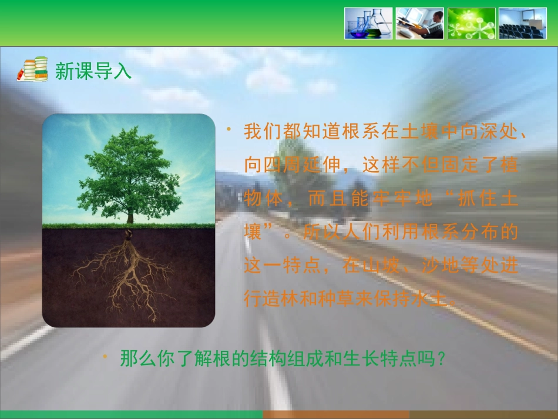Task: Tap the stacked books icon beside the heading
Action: pyautogui.click(x=32, y=70)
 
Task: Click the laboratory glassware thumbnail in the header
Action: pyautogui.click(x=368, y=24)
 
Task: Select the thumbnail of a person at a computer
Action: pyautogui.click(x=419, y=24)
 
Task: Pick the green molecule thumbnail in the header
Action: pyautogui.click(x=471, y=24)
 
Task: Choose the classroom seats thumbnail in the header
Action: pyautogui.click(x=523, y=24)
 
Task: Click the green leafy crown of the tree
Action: pyautogui.click(x=129, y=173)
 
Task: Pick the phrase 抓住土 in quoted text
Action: pyautogui.click(x=488, y=199)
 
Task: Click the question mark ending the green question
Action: pyautogui.click(x=442, y=358)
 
